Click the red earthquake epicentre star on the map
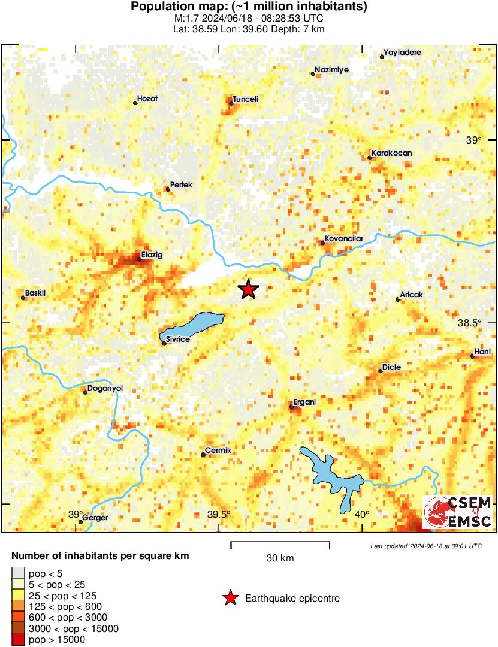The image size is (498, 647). pos(248,290)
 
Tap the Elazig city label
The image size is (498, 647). pos(152,254)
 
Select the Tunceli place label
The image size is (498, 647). pos(245,99)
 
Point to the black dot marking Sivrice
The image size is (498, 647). pos(164,344)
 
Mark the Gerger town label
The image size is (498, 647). pos(95,518)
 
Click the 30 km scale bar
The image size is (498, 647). pos(280,545)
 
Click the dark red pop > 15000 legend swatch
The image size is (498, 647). pos(19,640)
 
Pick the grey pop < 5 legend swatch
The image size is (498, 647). pos(19,573)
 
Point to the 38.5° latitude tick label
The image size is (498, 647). pos(469,323)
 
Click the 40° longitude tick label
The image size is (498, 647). pos(361,514)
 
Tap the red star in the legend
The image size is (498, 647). pos(229,598)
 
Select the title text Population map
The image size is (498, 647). pos(249,7)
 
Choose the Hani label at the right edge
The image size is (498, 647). pos(482,351)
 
